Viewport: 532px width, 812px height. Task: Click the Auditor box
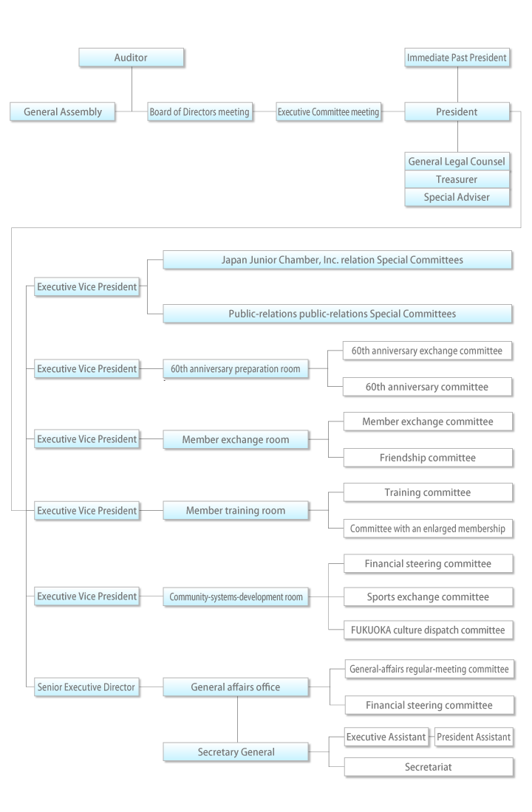[131, 58]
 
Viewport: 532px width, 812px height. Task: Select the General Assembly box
[62, 112]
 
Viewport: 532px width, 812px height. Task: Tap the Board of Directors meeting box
[199, 112]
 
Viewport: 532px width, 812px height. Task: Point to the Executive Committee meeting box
[328, 112]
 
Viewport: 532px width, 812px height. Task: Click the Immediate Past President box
[457, 58]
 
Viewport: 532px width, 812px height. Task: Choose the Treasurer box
[457, 179]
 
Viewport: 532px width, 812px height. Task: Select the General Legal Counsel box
[457, 161]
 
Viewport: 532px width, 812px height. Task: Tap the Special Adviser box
[457, 198]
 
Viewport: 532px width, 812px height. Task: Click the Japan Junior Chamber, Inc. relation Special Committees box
[337, 260]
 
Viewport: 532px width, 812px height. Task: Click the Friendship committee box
[429, 458]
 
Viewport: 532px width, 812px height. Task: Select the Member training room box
[236, 510]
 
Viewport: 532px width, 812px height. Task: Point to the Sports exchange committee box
[429, 596]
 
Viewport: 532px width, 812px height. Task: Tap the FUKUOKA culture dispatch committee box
[429, 630]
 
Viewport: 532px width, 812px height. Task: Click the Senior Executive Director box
[86, 687]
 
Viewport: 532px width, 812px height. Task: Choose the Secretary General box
[236, 752]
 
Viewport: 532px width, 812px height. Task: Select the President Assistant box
[473, 736]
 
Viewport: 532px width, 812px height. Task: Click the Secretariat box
[429, 768]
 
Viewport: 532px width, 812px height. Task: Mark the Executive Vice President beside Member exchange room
[86, 439]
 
